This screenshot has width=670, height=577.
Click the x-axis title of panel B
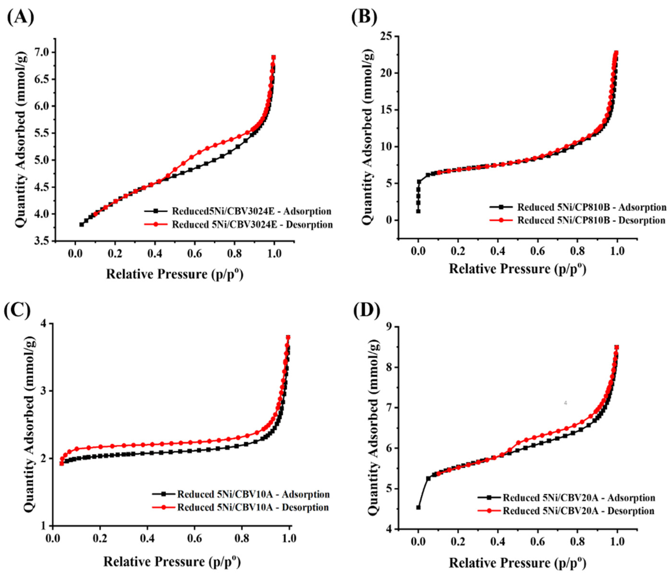pyautogui.click(x=517, y=269)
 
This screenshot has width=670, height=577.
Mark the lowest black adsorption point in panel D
pyautogui.click(x=418, y=507)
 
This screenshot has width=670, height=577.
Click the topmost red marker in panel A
pyautogui.click(x=274, y=58)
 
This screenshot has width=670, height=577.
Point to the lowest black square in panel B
pyautogui.click(x=418, y=211)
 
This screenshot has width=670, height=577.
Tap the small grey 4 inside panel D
pyautogui.click(x=565, y=403)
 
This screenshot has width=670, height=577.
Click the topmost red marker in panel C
pyautogui.click(x=288, y=337)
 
